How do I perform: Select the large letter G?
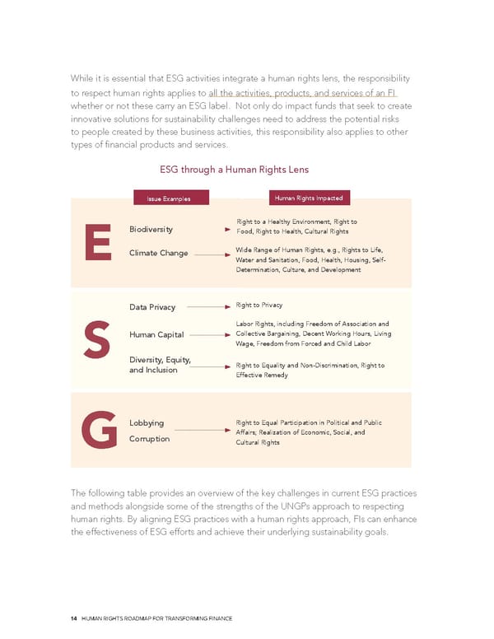[x=98, y=431]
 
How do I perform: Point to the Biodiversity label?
[x=151, y=230]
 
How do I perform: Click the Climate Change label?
[x=159, y=253]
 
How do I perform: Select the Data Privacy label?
[x=152, y=307]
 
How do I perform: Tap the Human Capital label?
[x=156, y=335]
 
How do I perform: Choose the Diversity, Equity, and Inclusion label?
[x=160, y=364]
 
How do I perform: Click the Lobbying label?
[x=147, y=423]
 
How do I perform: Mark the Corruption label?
[x=149, y=439]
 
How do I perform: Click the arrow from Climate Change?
[x=211, y=254]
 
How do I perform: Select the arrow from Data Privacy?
[x=208, y=307]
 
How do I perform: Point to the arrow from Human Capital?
[x=209, y=335]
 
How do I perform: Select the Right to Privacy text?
[x=259, y=305]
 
